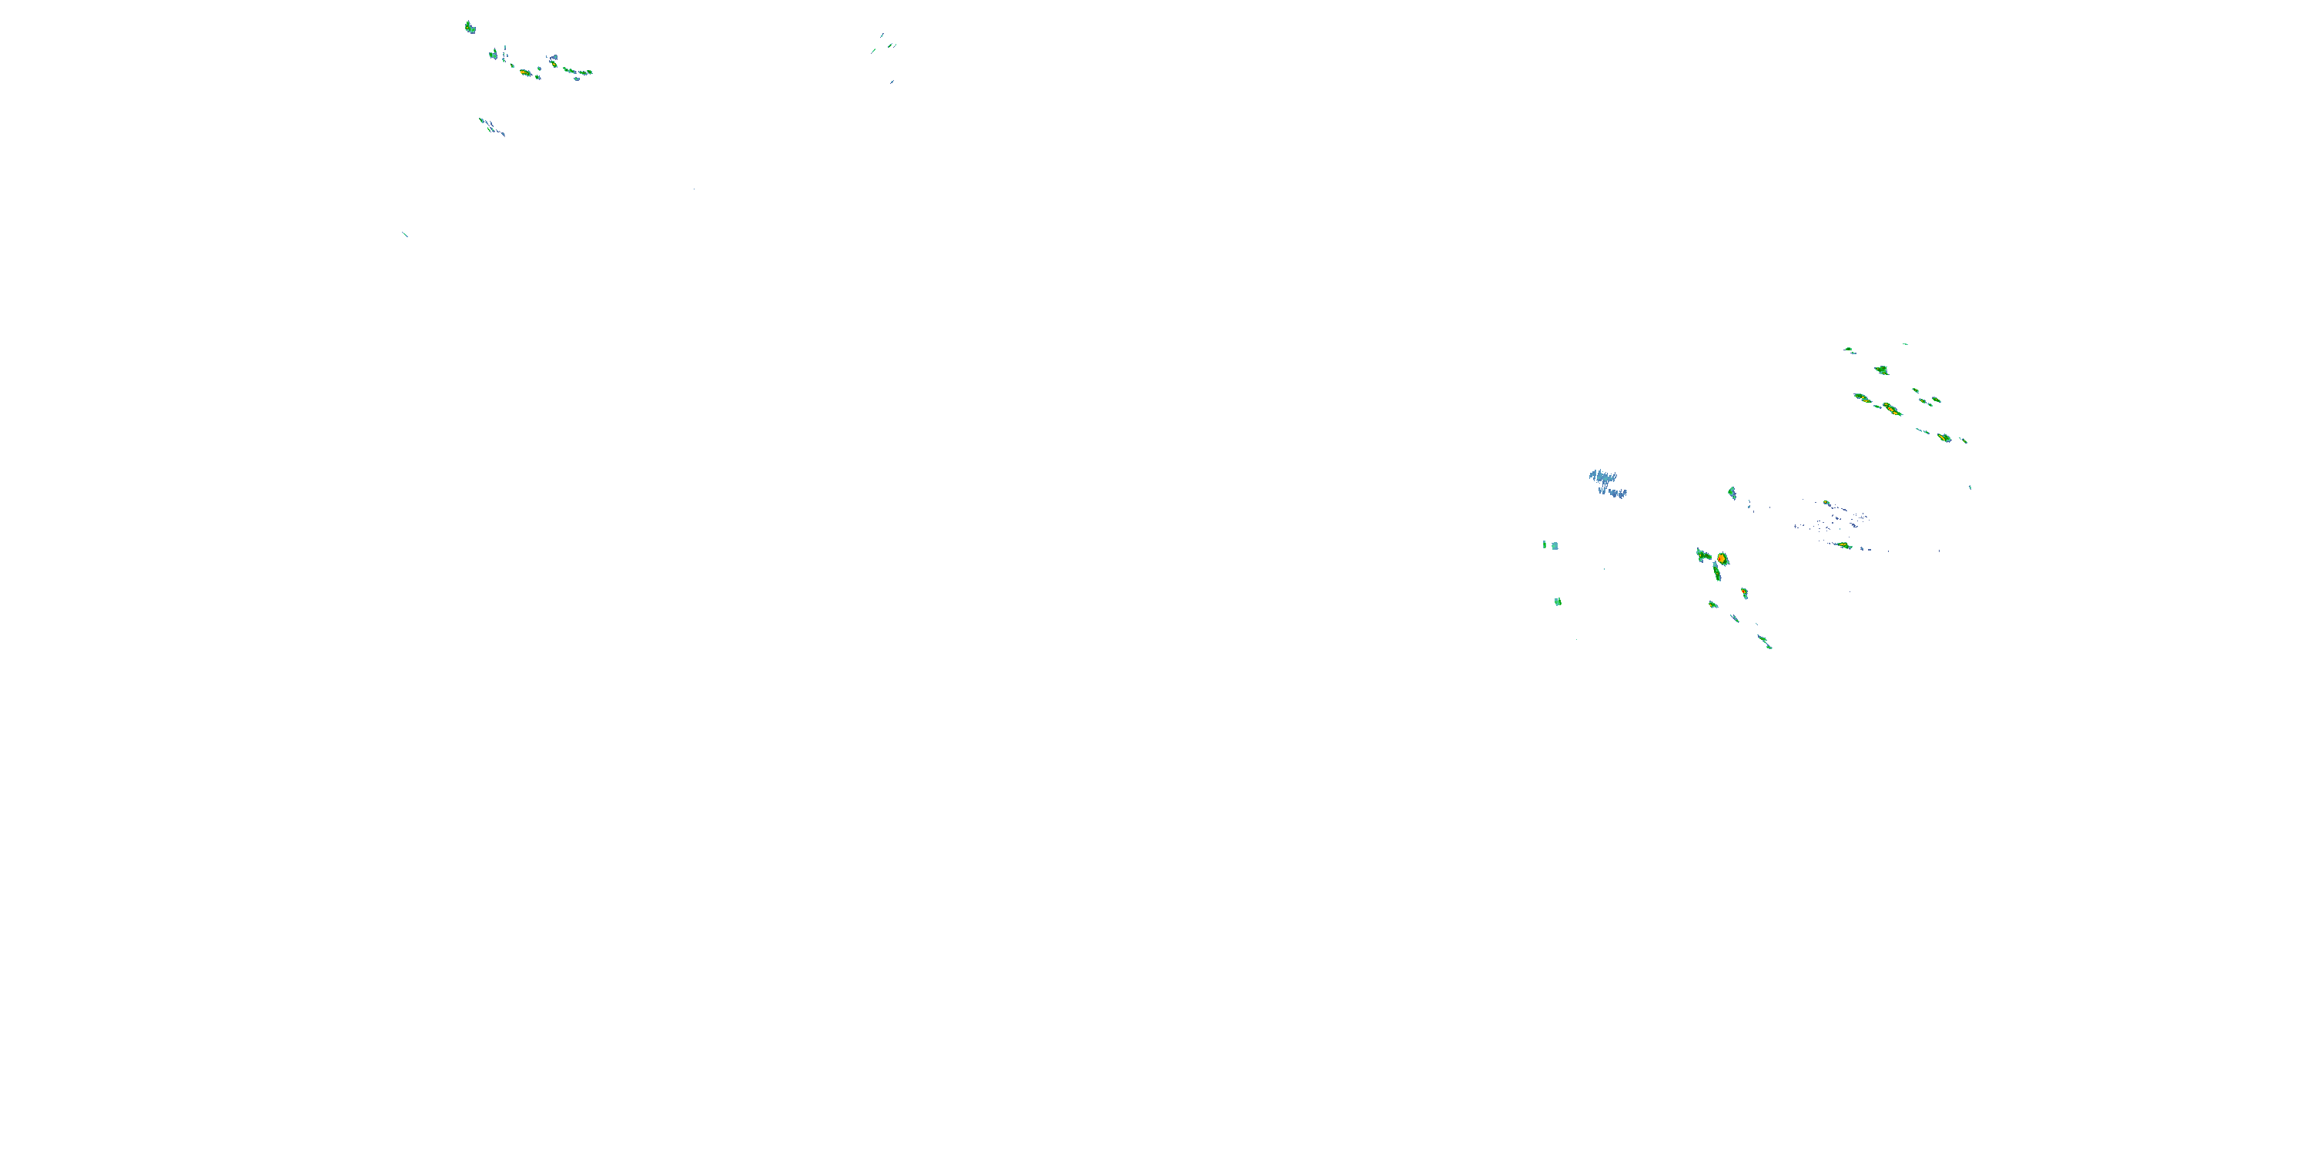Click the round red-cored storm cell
(1722, 559)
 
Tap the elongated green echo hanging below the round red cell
(1716, 571)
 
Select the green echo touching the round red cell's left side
(1704, 556)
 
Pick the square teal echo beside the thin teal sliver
(1555, 545)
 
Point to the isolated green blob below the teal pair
(1558, 601)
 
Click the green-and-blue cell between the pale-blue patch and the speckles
(1732, 492)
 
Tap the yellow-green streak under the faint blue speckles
(1843, 544)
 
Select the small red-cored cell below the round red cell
(1744, 593)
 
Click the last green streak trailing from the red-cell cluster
(1765, 641)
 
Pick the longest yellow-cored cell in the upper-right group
(1891, 409)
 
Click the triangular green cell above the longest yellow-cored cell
(1881, 370)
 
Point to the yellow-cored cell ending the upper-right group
(1943, 437)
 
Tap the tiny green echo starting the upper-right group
(1847, 349)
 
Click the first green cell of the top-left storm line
(469, 28)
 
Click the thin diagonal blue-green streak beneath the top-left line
(490, 126)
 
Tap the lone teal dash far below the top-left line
(405, 234)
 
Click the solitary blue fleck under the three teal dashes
(892, 82)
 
